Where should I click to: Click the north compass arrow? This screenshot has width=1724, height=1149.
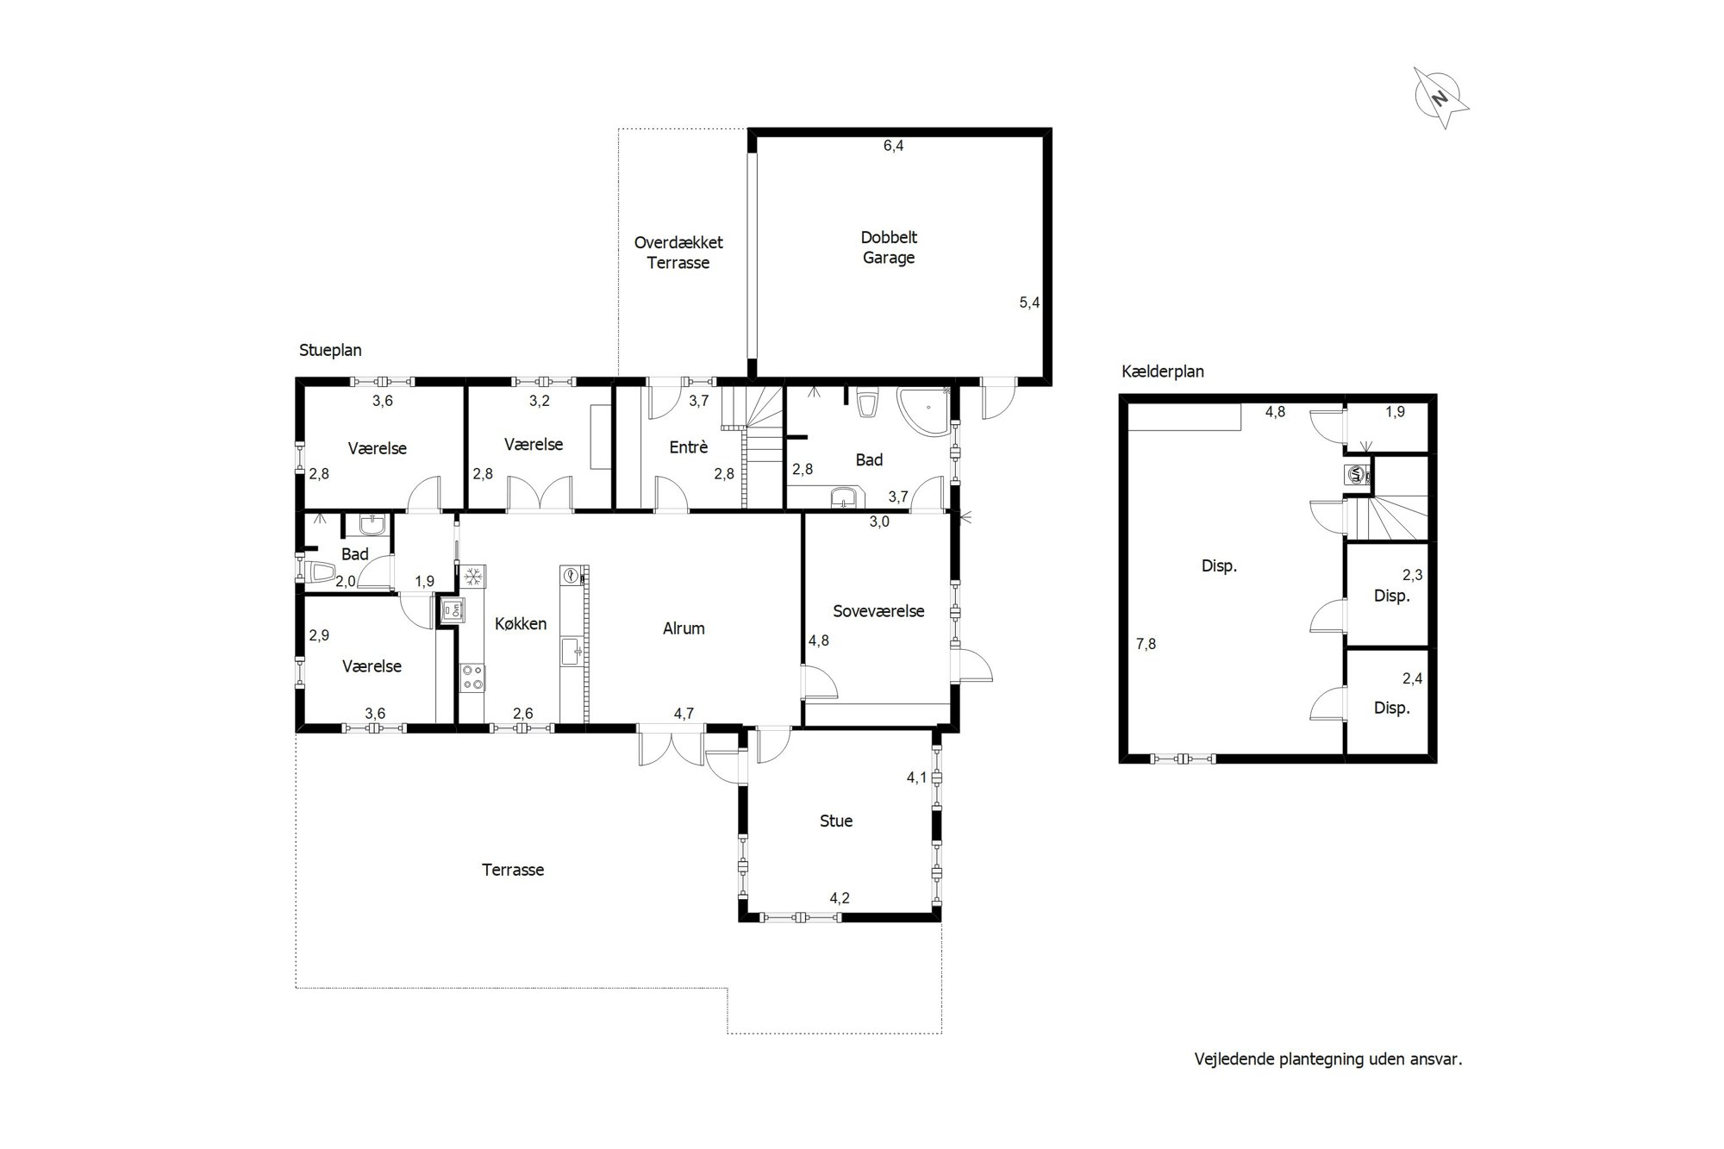point(1441,98)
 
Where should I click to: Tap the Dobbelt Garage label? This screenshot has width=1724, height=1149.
point(889,247)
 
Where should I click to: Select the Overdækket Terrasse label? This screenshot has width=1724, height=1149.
point(678,253)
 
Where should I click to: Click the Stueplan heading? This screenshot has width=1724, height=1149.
point(330,350)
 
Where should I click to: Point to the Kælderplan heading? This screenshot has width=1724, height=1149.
point(1163,372)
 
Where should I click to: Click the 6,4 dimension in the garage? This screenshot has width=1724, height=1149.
point(893,146)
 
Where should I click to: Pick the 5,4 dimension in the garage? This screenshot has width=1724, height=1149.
point(1029,303)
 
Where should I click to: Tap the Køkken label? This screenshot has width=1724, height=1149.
point(521,623)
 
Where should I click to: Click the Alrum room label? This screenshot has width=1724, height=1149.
point(684,628)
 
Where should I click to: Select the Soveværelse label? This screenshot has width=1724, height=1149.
point(878,611)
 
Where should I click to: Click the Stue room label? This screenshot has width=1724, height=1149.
point(836,821)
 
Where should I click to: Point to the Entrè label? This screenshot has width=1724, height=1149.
point(689,447)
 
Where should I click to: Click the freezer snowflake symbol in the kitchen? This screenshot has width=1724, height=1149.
point(472,577)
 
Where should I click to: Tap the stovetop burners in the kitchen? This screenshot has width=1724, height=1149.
point(472,677)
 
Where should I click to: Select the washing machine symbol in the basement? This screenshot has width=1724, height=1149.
point(1357,475)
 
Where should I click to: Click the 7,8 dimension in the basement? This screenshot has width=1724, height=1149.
point(1146,643)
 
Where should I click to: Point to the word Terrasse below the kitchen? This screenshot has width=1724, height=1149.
point(513,870)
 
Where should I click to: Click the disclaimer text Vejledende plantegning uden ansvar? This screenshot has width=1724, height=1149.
point(1328,1059)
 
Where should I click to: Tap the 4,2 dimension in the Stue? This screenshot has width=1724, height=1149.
point(840,898)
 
